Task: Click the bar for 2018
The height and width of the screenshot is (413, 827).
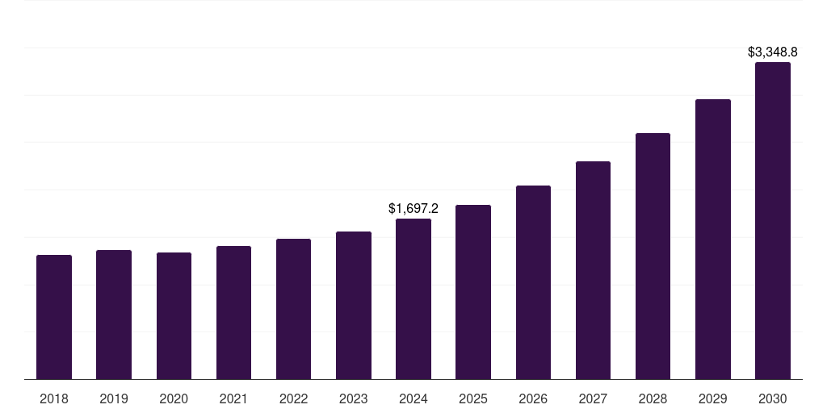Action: (54, 317)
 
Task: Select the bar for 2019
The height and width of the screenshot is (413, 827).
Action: (114, 315)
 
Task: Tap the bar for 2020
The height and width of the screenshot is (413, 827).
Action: (174, 315)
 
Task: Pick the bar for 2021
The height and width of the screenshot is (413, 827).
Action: (233, 312)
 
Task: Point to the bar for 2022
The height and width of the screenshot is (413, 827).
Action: (293, 309)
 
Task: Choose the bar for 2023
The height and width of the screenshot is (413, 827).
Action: (354, 305)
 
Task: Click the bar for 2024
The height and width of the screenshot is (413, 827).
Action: (413, 298)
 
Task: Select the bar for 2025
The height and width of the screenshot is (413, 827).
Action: (473, 292)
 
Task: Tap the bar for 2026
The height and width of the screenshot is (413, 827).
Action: (533, 282)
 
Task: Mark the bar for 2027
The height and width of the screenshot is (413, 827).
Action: (593, 270)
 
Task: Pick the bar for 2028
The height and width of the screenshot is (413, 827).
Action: (653, 256)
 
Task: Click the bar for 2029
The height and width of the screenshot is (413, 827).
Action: (713, 239)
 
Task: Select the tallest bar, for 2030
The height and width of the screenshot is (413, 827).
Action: (773, 220)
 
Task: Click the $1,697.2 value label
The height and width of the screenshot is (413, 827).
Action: (413, 208)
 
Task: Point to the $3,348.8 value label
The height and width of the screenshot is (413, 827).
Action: (773, 52)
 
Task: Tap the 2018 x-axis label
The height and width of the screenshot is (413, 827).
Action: (54, 398)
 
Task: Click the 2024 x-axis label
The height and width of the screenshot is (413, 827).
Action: (413, 398)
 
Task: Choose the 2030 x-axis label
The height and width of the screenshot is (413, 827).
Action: (773, 398)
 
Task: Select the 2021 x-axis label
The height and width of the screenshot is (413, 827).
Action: (233, 398)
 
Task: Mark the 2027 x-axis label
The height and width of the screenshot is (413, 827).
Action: (593, 398)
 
